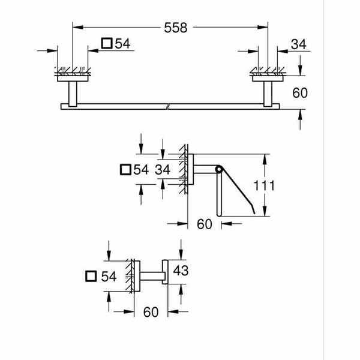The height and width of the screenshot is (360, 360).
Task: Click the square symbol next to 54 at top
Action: point(107,43)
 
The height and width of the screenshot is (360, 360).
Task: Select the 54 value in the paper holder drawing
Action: point(141,170)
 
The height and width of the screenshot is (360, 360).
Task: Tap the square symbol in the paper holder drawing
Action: point(125,170)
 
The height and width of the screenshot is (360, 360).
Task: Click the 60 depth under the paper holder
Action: point(205,225)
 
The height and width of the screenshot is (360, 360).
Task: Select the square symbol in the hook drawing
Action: point(91,276)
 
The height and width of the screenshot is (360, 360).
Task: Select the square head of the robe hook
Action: point(166,277)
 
